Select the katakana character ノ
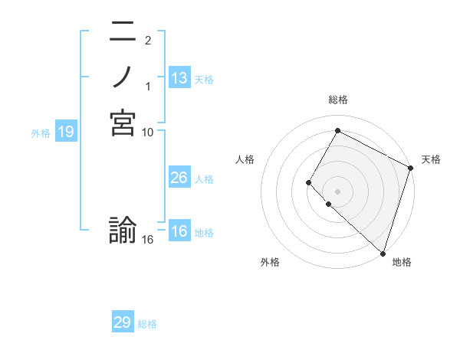pyautogui.click(x=123, y=77)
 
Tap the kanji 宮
pyautogui.click(x=123, y=123)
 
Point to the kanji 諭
pyautogui.click(x=123, y=231)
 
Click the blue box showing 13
pyautogui.click(x=179, y=78)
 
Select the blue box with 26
pyautogui.click(x=179, y=178)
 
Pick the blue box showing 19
pyautogui.click(x=66, y=132)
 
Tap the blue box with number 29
pyautogui.click(x=123, y=322)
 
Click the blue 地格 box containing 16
pyautogui.click(x=179, y=232)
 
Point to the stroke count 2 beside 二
pyautogui.click(x=147, y=40)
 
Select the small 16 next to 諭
pyautogui.click(x=147, y=240)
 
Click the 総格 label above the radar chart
pyautogui.click(x=337, y=100)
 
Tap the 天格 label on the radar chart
pyautogui.click(x=431, y=159)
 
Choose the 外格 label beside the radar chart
pyautogui.click(x=270, y=262)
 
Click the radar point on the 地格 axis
pyautogui.click(x=382, y=253)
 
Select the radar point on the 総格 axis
pyautogui.click(x=337, y=130)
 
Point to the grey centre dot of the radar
pyautogui.click(x=337, y=191)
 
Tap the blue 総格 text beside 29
pyautogui.click(x=147, y=324)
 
